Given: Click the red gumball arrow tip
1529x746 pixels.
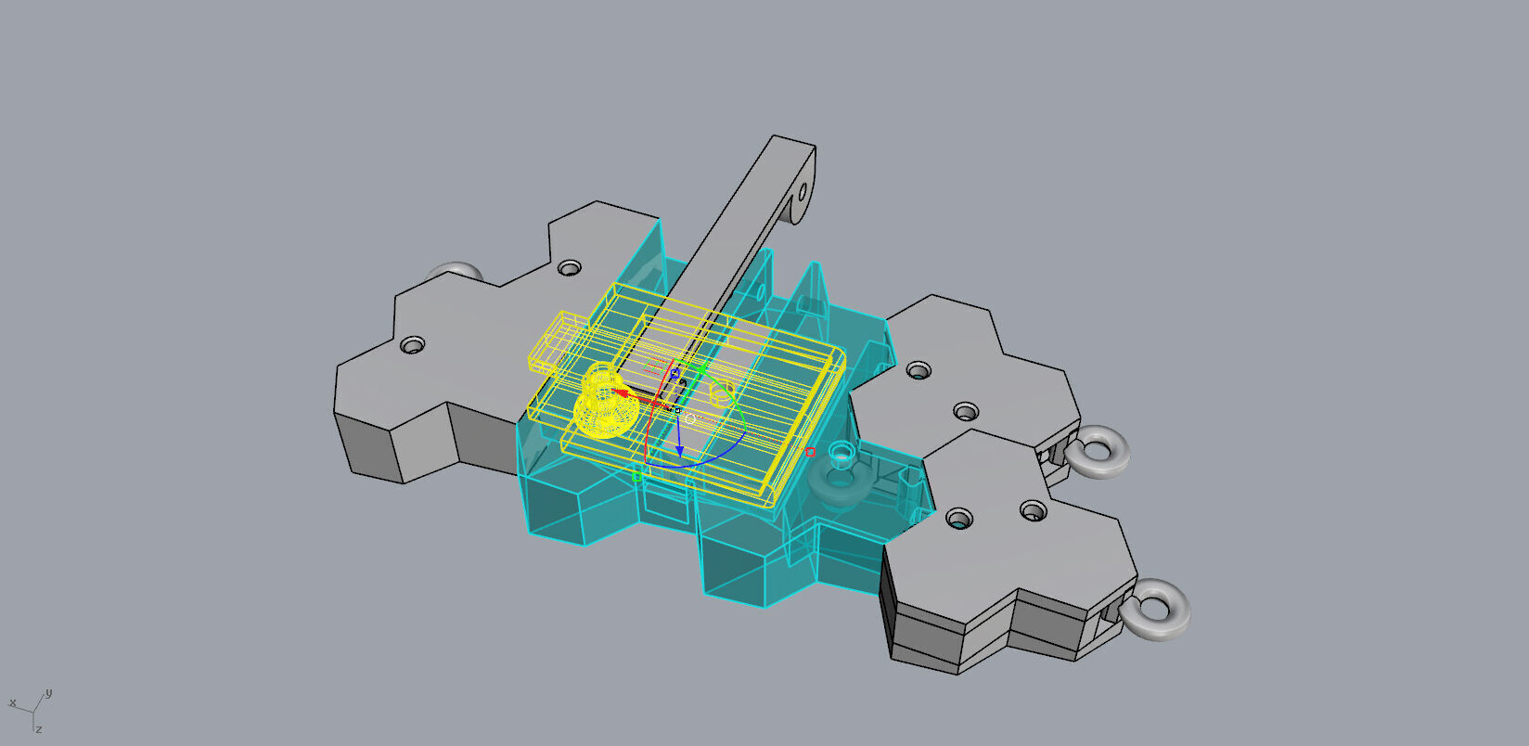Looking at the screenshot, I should point(617,392).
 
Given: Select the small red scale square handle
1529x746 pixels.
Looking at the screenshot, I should point(810,452).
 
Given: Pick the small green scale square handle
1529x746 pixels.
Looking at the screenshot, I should point(636,477).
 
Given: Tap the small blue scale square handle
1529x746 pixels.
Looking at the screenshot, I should point(675,374).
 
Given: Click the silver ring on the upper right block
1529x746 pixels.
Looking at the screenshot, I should point(1098,452).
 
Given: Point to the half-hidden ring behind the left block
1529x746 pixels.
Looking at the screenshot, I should point(455,271).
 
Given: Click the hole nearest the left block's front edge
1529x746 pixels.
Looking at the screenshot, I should point(412,345).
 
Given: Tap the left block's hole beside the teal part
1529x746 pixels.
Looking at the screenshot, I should point(569,268).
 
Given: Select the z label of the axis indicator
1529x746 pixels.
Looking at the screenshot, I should point(40,729).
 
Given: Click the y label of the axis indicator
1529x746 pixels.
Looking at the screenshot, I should point(48,692).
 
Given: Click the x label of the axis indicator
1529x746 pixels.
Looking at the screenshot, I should point(12,703).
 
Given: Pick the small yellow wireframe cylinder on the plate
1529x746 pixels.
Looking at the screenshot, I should point(722,392).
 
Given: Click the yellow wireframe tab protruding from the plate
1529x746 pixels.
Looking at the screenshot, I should point(554,341).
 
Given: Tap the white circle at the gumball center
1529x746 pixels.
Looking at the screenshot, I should point(690,418).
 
